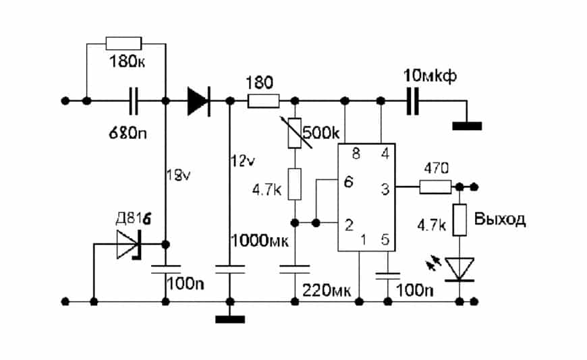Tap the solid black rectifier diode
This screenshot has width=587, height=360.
pyautogui.click(x=198, y=101)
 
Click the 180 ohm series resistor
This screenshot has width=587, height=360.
pyautogui.click(x=264, y=101)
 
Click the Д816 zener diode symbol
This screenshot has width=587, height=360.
pyautogui.click(x=128, y=244)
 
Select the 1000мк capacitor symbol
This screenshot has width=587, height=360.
pyautogui.click(x=229, y=269)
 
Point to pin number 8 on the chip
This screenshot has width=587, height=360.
pyautogui.click(x=356, y=154)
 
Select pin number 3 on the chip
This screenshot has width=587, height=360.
pyautogui.click(x=385, y=189)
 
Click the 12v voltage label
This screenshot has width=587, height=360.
pyautogui.click(x=241, y=160)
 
